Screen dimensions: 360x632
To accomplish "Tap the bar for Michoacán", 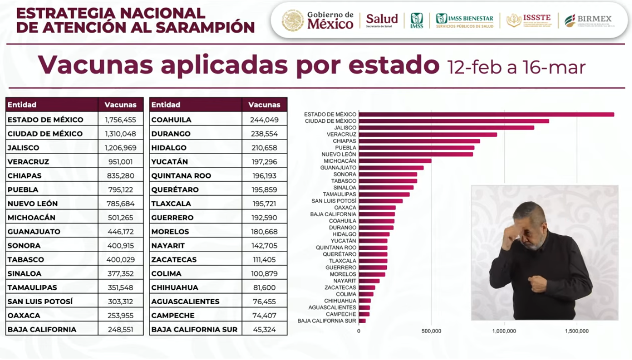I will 395,161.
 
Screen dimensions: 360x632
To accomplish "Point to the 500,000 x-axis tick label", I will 431,331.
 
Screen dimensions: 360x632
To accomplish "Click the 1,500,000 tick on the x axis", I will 577,331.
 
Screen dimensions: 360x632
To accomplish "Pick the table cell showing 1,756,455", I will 120,120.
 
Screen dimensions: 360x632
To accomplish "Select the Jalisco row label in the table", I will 24,148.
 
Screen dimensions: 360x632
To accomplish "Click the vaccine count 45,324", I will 264,330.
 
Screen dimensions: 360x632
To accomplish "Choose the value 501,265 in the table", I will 120,218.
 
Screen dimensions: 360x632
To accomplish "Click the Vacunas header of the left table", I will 120,105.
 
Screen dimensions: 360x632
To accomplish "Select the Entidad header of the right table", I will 166,105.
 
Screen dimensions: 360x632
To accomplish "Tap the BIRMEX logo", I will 588,20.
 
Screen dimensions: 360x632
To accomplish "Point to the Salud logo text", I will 382,19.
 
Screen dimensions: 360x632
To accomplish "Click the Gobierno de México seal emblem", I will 293,20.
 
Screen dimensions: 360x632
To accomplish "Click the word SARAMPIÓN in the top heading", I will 205,28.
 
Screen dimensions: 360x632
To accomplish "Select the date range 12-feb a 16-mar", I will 515,67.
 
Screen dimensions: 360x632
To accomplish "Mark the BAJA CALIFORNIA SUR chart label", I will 326,321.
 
